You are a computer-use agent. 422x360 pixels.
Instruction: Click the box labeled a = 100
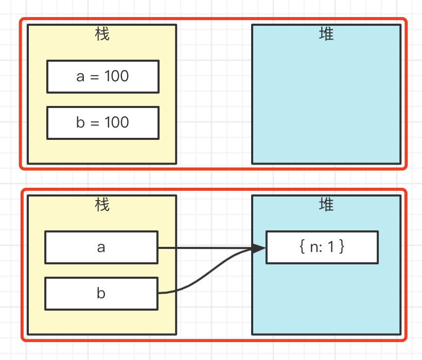[102, 77]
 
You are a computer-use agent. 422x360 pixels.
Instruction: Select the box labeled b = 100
[102, 123]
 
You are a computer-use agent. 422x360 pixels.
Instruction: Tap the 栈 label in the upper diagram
[102, 34]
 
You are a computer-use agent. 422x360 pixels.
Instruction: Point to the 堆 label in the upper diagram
[326, 34]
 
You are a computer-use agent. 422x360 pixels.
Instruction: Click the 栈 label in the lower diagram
[102, 205]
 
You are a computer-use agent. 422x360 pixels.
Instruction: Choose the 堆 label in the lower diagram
[326, 205]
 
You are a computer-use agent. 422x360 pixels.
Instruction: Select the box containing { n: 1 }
[322, 247]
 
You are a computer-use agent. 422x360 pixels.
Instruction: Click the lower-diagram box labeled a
[101, 247]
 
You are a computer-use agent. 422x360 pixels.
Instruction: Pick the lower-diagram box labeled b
[101, 294]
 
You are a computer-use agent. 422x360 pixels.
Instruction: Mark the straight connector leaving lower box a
[206, 248]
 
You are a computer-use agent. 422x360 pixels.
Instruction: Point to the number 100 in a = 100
[117, 77]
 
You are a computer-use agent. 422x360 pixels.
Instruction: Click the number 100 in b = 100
[117, 123]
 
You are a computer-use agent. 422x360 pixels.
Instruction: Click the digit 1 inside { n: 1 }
[331, 247]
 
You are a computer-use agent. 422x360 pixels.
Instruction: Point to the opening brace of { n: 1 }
[302, 247]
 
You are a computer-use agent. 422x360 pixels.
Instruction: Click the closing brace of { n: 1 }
[342, 247]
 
